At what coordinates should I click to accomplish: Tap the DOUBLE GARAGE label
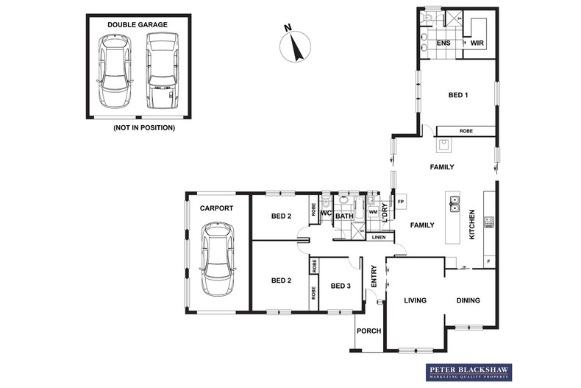(x=137, y=24)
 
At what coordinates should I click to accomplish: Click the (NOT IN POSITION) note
(x=143, y=127)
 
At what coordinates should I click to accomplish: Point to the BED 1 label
(x=459, y=95)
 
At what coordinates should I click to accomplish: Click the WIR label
(x=477, y=43)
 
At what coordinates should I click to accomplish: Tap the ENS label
(x=443, y=43)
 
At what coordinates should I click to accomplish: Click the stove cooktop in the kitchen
(x=488, y=221)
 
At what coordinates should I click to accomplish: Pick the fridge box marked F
(x=488, y=261)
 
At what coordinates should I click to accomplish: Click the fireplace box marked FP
(x=401, y=201)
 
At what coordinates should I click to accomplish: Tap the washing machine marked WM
(x=373, y=212)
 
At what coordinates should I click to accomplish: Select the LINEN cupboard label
(x=378, y=237)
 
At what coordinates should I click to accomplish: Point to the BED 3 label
(x=340, y=286)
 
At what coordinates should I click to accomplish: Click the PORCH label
(x=368, y=331)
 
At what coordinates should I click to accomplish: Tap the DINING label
(x=468, y=300)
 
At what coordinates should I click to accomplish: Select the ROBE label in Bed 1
(x=466, y=131)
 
